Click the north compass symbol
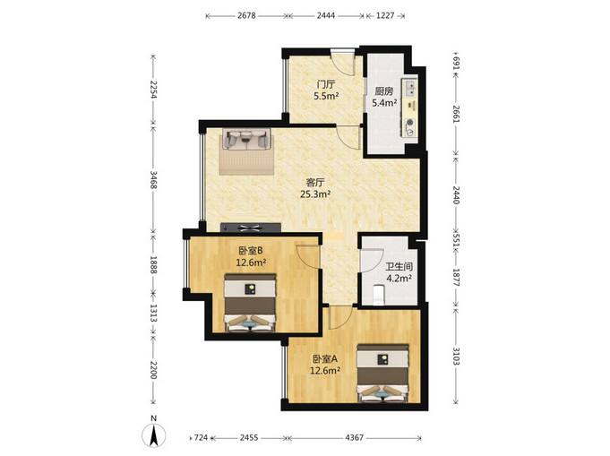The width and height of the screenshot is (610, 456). click(154, 433)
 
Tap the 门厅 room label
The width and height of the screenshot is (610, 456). click(326, 84)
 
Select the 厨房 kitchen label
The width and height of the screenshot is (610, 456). click(384, 91)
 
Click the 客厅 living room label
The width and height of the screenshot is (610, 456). click(315, 182)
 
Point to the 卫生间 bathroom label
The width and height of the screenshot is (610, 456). click(399, 267)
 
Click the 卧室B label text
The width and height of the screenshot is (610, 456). click(251, 251)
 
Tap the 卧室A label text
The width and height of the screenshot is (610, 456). click(325, 358)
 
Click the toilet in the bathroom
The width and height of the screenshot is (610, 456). click(378, 295)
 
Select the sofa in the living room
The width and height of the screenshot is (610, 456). click(246, 139)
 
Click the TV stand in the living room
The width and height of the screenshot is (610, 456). click(251, 228)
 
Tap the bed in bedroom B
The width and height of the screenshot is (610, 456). click(250, 304)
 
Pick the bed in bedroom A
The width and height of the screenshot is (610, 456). click(383, 373)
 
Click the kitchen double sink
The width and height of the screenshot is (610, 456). click(410, 89)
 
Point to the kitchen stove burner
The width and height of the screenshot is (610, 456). click(409, 123)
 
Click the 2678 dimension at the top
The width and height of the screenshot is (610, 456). click(246, 15)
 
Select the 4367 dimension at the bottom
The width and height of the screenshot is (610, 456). click(354, 438)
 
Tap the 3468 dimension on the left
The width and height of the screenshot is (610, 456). click(154, 180)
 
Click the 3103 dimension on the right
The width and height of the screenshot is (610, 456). click(456, 356)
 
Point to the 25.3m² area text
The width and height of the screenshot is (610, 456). click(315, 194)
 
